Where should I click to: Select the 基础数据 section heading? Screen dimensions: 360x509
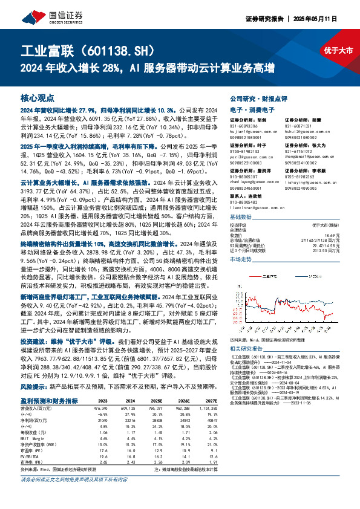coord(241,217)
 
